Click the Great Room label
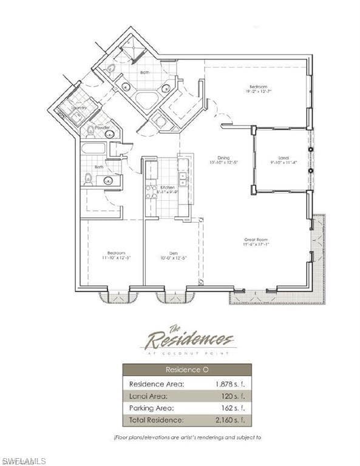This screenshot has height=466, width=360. [x=256, y=240]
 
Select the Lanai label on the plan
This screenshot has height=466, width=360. [x=282, y=157]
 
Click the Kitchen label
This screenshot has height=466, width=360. [x=168, y=187]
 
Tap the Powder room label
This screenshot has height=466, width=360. [x=102, y=127]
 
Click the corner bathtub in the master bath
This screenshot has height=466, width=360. [x=145, y=100]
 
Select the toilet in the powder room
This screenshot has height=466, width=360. [x=90, y=130]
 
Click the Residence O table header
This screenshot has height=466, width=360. [x=186, y=370]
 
